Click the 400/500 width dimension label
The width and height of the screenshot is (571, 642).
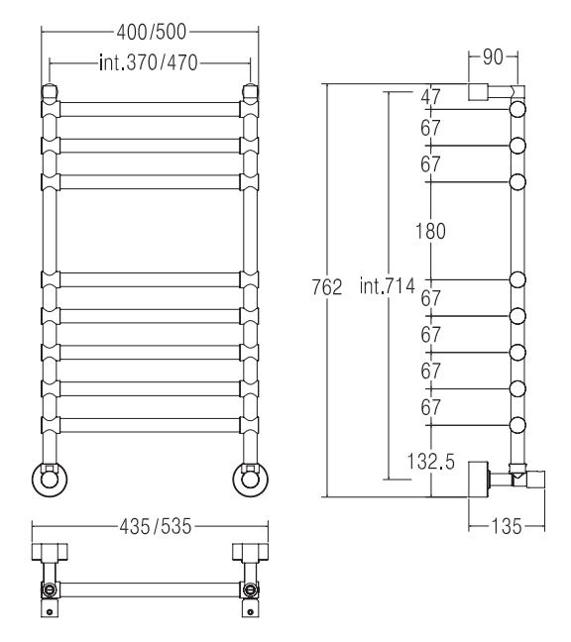(151, 32)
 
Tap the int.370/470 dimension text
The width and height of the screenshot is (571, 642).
(149, 62)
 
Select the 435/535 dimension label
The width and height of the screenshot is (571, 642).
(156, 526)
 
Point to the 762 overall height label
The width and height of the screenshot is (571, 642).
(327, 287)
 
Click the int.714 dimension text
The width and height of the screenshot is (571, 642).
(387, 285)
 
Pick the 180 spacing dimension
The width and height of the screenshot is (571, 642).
(430, 231)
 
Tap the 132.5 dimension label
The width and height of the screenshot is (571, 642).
(430, 462)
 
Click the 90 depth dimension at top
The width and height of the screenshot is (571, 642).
(493, 57)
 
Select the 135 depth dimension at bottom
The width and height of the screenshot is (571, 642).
(507, 526)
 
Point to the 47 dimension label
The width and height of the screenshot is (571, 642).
(430, 97)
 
